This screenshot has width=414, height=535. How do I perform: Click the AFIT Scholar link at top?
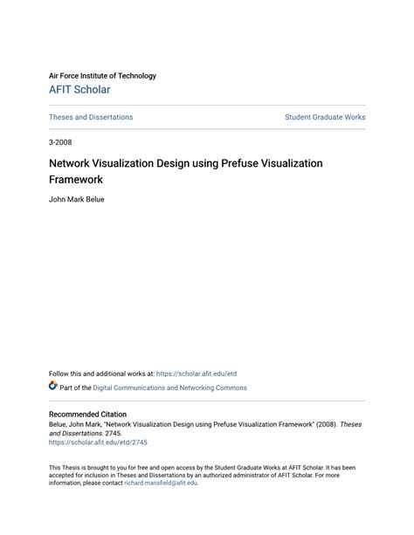coord(79,90)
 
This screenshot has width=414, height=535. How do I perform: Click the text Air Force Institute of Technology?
coord(102,76)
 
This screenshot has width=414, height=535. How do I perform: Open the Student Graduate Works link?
coord(325,117)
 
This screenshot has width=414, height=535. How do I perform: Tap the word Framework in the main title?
coord(76,180)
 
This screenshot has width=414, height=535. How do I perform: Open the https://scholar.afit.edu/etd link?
coord(197,374)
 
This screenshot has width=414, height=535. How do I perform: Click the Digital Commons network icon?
coord(53,387)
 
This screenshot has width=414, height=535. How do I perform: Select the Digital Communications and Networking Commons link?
coord(164,388)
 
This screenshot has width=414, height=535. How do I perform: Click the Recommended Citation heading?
coord(87,415)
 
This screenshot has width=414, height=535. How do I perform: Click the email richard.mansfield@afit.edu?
coord(161,483)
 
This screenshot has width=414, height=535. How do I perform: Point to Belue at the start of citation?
coord(58,424)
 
